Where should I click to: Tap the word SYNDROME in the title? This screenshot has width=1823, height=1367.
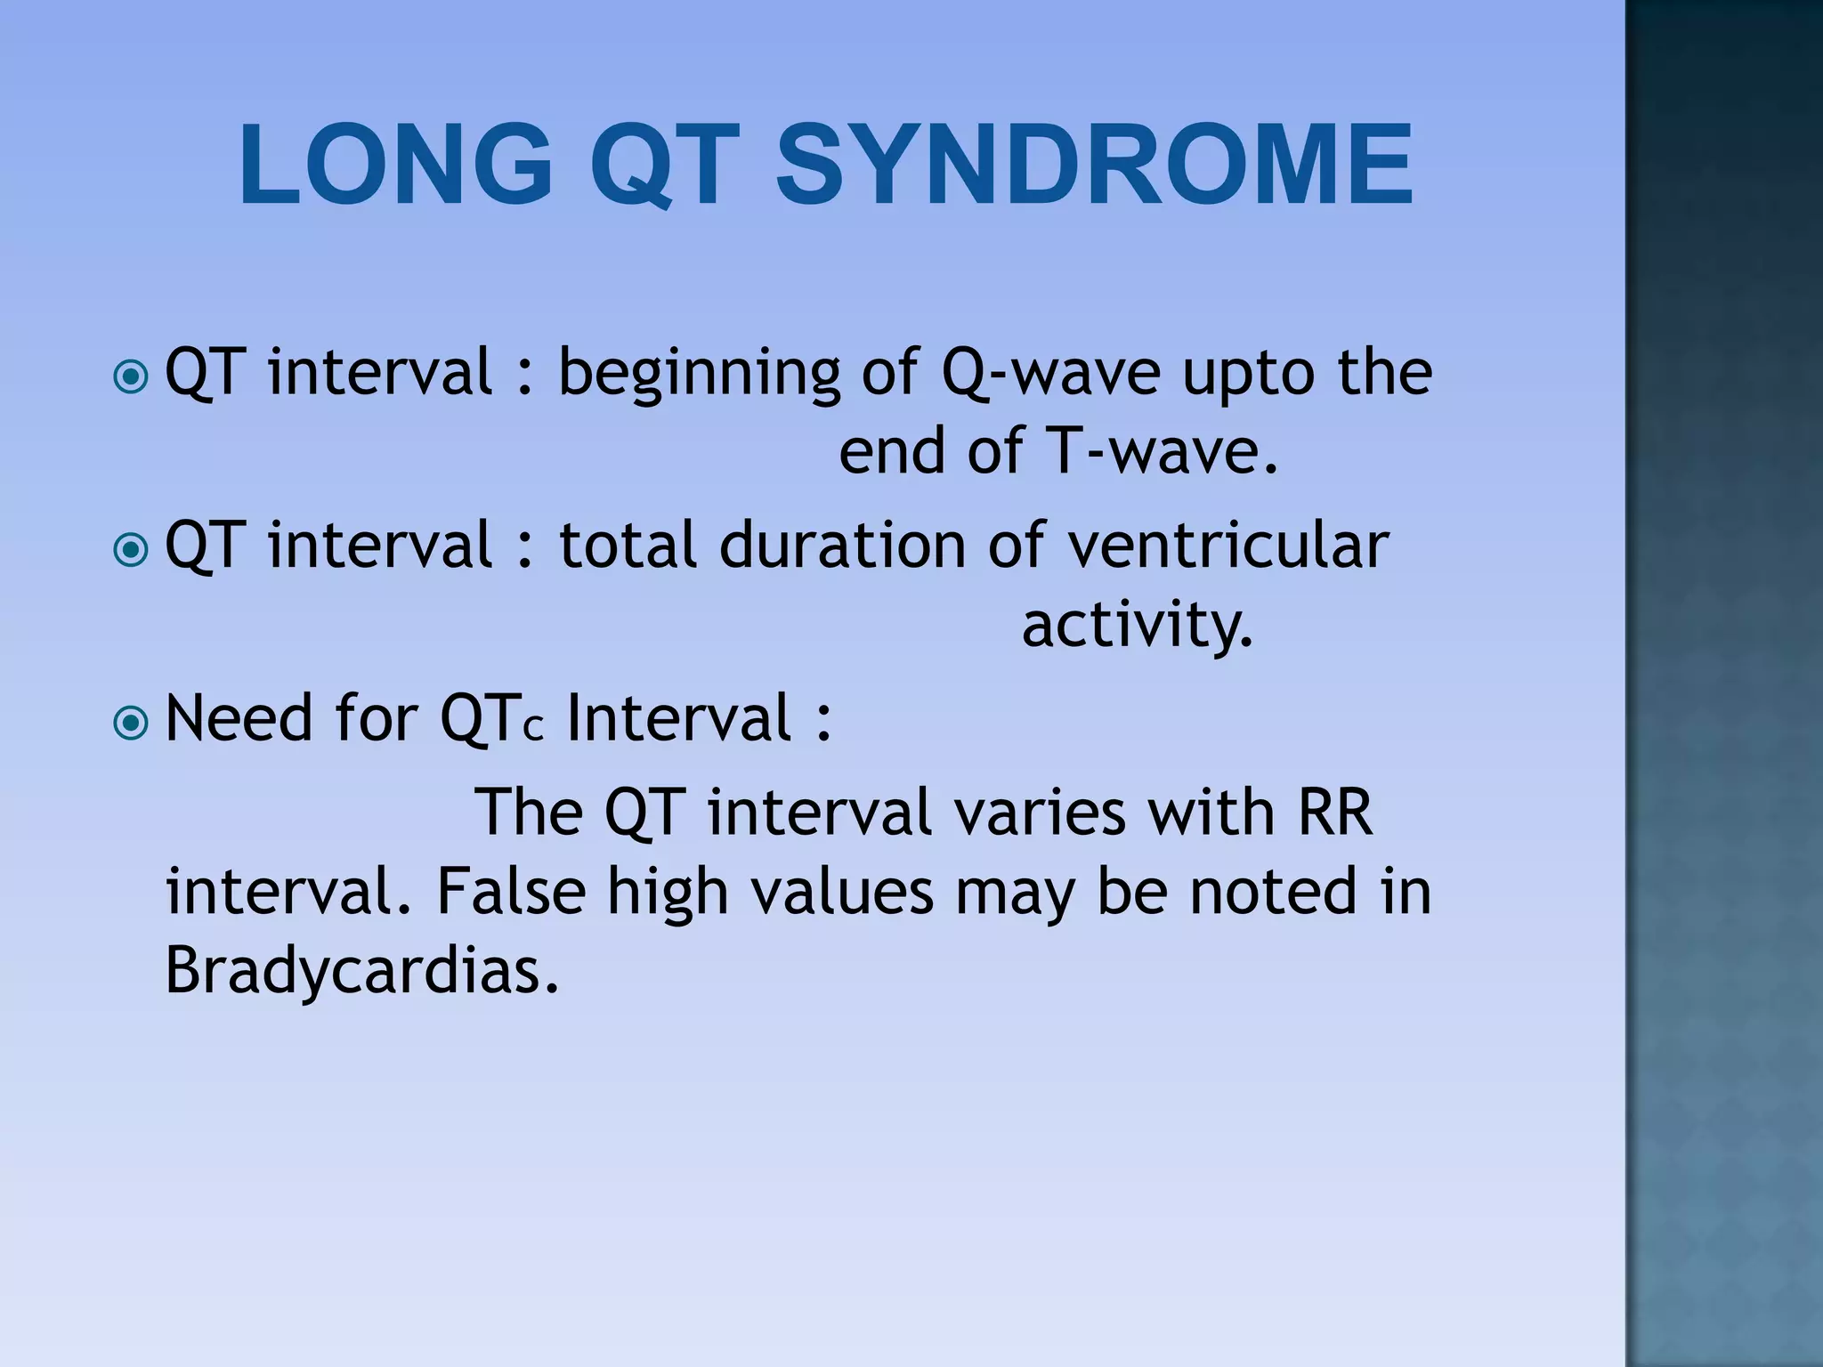1094,166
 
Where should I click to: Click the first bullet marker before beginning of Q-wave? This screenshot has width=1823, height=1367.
132,377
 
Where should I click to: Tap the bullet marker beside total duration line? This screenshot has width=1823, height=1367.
132,550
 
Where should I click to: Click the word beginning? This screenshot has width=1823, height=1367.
699,374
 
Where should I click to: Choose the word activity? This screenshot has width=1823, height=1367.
1137,625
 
